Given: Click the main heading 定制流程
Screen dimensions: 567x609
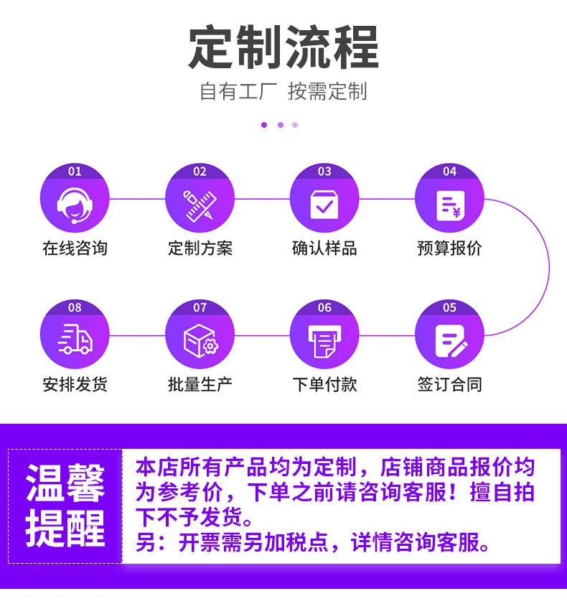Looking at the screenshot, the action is click(x=283, y=48).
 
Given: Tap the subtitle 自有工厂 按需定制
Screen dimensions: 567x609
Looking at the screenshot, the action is click(x=283, y=92).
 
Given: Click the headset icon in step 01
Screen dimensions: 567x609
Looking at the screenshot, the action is click(x=75, y=204).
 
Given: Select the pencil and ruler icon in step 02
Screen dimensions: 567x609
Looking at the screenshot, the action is click(x=200, y=205).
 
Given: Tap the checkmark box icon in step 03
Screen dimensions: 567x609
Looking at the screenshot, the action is click(x=324, y=205).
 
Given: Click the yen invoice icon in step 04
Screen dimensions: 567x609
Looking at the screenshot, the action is click(x=449, y=205).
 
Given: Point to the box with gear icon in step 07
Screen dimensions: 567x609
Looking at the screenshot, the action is click(x=200, y=341).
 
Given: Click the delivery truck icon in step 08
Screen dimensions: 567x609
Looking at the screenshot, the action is click(x=75, y=340).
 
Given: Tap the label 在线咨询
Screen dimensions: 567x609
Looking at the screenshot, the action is click(x=75, y=248).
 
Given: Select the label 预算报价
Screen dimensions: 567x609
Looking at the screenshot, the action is click(x=449, y=248).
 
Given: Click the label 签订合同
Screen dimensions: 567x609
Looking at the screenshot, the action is click(x=449, y=384).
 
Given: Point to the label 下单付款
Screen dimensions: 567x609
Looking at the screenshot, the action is click(x=324, y=384).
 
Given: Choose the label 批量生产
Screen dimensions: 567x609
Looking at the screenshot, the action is click(x=200, y=384).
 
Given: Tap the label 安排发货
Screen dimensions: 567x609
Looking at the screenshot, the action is click(x=75, y=384).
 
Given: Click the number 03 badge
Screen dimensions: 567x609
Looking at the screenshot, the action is click(x=324, y=172).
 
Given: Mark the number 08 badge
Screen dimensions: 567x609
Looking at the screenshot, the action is click(x=75, y=308).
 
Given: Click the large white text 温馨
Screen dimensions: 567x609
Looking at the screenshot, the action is click(x=65, y=483).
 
